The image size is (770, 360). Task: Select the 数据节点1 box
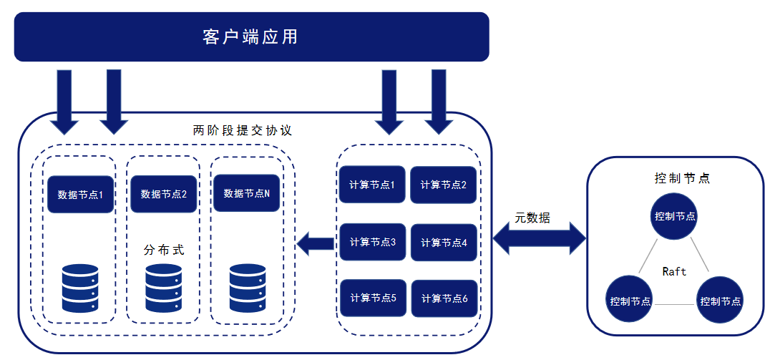coord(81,194)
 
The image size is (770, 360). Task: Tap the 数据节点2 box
coord(164,194)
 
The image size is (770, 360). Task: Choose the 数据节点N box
coord(246,193)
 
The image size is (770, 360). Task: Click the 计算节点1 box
coord(372,184)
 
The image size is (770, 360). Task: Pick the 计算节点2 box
coord(444,185)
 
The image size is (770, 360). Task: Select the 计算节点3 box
coord(372,242)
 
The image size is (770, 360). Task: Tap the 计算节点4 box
coord(444,243)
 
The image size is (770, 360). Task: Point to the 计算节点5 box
coord(372,297)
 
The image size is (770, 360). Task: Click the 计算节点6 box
coord(444,298)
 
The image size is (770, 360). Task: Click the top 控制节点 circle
coord(675,215)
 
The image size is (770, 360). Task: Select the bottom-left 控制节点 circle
coord(630,300)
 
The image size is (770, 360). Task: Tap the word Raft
coord(674,271)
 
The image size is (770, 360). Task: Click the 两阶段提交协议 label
coord(243,131)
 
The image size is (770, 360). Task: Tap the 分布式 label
coord(164,250)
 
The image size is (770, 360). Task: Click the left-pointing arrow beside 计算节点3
coord(316,244)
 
